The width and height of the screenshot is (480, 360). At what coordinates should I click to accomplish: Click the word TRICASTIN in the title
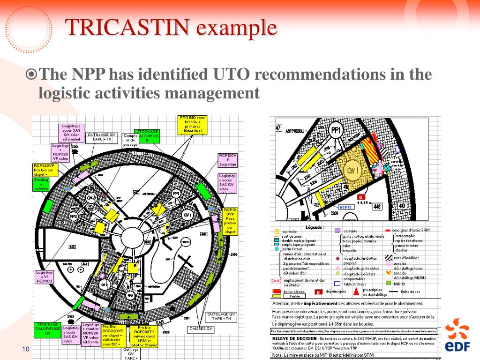coord(127,28)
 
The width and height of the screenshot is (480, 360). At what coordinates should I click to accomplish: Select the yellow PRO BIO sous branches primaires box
coord(192,125)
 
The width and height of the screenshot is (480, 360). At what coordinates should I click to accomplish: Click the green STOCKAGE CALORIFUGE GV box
coord(47,329)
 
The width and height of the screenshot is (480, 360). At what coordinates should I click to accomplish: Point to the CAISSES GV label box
coord(202,329)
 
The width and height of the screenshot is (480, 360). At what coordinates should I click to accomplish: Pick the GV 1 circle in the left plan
coord(188,215)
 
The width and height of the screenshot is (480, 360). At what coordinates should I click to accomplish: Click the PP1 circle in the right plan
coord(335,130)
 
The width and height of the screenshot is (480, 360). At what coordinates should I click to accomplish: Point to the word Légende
coord(315,227)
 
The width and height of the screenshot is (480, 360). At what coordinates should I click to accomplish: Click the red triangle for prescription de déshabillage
coord(357,292)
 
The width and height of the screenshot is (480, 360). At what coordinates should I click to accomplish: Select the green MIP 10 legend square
coord(388,283)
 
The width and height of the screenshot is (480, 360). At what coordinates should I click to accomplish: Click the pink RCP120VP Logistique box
coord(228,160)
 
